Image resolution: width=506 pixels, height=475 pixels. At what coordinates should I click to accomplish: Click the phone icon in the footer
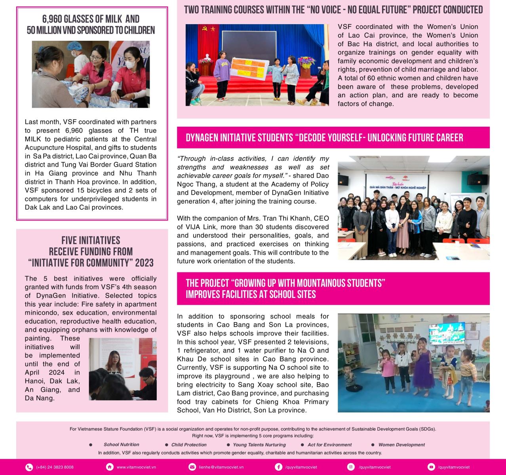tap(29, 467)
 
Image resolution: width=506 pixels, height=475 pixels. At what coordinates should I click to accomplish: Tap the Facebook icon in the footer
tap(279, 467)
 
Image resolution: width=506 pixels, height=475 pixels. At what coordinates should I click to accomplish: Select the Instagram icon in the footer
tap(351, 467)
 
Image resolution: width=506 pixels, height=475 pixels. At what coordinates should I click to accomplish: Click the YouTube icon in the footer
tap(431, 467)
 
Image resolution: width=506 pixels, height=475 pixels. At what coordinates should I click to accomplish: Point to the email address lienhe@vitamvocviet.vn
tap(221, 467)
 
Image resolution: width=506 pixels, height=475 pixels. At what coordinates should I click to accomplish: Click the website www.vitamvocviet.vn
tap(136, 467)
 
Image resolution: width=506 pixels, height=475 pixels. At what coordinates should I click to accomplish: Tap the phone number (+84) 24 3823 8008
tap(55, 467)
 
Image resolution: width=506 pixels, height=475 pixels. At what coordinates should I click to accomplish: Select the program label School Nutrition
tap(121, 445)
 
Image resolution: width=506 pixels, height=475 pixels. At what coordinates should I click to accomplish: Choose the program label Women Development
tap(401, 445)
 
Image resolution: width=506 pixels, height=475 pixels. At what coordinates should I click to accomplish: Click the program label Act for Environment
tap(329, 445)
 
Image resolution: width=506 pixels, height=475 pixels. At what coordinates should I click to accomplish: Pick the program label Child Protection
tap(189, 445)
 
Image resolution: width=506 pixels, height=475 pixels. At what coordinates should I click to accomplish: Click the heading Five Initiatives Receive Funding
tap(91, 251)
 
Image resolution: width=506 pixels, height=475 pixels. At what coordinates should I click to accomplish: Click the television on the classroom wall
tap(447, 333)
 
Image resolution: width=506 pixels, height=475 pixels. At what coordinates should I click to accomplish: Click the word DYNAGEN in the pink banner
tap(205, 137)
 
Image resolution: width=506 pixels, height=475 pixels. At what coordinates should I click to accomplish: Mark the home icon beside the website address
tap(110, 467)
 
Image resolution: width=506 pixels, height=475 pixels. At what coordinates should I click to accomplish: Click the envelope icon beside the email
tap(192, 467)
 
